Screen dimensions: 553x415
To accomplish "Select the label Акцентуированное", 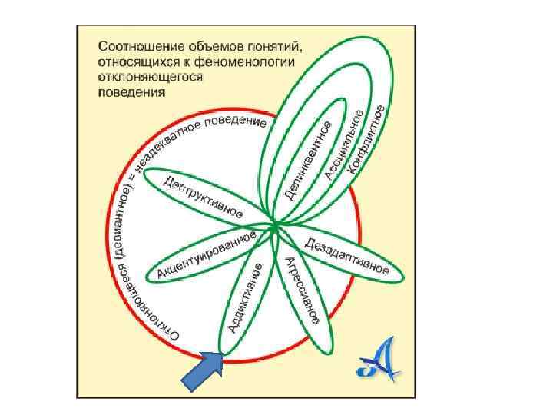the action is [205, 254].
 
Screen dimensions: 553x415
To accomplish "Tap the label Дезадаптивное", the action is [346, 257].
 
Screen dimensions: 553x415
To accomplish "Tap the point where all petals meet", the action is [273, 224].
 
